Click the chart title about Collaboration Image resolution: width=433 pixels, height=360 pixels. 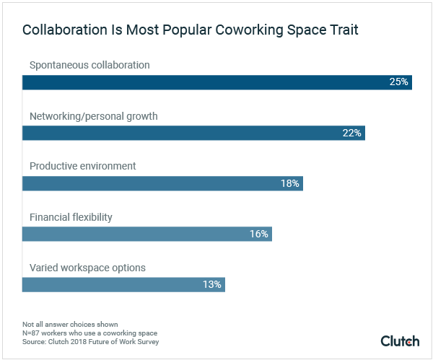tap(191, 31)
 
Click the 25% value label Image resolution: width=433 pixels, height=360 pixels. tap(399, 82)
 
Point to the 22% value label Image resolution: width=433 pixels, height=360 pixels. tap(352, 133)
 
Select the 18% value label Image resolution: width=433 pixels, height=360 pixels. tap(290, 183)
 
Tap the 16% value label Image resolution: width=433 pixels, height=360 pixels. tap(259, 234)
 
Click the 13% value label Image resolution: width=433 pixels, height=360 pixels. tap(212, 284)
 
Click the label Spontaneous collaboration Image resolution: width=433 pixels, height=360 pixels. tap(89, 65)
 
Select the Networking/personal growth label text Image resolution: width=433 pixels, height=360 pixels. tap(93, 115)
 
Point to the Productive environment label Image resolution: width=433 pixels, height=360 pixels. tap(82, 166)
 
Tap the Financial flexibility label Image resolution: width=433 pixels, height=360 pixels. tap(71, 216)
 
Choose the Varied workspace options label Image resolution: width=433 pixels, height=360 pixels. tap(87, 268)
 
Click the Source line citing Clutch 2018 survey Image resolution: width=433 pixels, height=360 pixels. tap(90, 342)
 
